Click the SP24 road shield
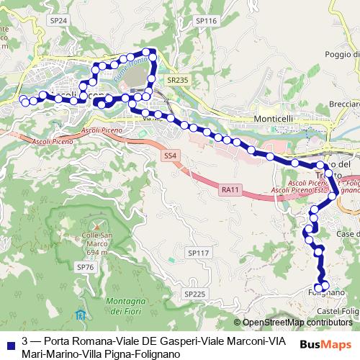pyautogui.click(x=58, y=22)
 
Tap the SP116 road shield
pyautogui.click(x=206, y=22)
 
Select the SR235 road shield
pyautogui.click(x=176, y=81)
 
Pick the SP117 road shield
pyautogui.click(x=197, y=253)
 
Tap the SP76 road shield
pyautogui.click(x=85, y=267)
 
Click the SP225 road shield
pyautogui.click(x=194, y=294)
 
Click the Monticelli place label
pyautogui.click(x=273, y=119)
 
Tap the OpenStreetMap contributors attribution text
pyautogui.click(x=295, y=323)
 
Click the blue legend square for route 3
pyautogui.click(x=9, y=341)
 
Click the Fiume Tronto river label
pyautogui.click(x=129, y=70)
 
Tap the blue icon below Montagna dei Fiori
pyautogui.click(x=79, y=315)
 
